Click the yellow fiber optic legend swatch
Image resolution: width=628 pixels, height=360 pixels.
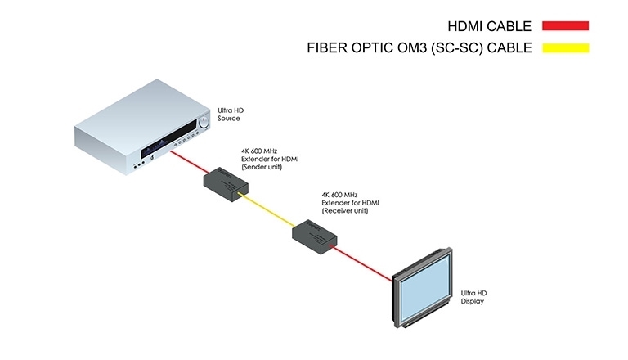pyautogui.click(x=559, y=47)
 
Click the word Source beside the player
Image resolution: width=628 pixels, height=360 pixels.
pyautogui.click(x=229, y=119)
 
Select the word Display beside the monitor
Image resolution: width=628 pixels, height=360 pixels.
pyautogui.click(x=473, y=301)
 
